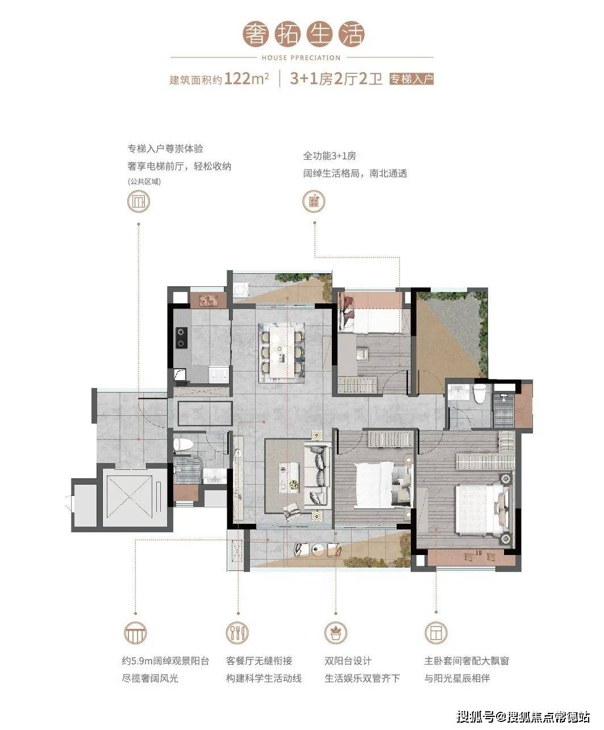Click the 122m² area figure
point(247,78)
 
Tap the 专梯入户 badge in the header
point(411,79)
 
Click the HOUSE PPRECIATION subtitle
point(301,58)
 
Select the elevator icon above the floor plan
point(139,201)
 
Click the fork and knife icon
point(237,632)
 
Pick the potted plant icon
point(336,632)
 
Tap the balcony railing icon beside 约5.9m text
point(135,632)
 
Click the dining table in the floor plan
point(282,352)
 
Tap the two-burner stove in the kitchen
point(181,337)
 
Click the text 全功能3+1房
point(330,156)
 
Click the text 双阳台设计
point(348,661)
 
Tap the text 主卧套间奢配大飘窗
point(466,661)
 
